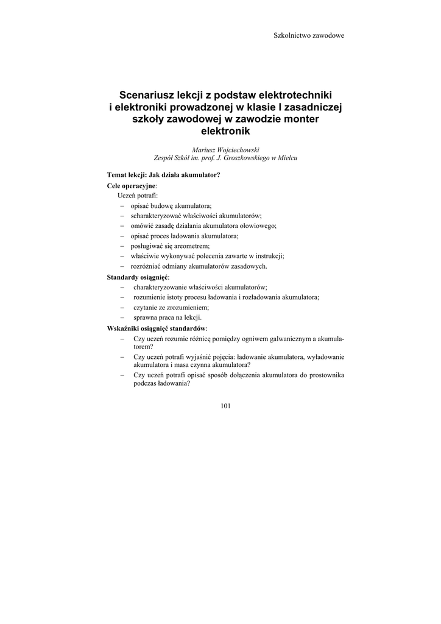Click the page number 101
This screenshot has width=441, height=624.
point(225,405)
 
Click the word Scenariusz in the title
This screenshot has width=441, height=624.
point(144,95)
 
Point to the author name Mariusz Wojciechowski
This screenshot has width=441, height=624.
point(225,149)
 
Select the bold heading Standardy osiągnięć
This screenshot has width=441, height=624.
point(138,277)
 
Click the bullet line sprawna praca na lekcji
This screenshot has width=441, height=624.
point(168,317)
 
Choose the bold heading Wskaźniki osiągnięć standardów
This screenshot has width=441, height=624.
point(157,328)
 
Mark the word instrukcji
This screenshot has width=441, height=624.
point(269,256)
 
